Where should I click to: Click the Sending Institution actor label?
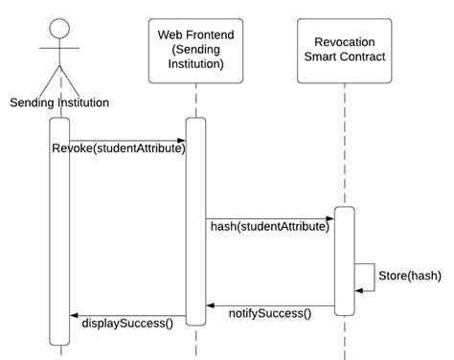[58, 102]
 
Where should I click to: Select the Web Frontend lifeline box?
[195, 51]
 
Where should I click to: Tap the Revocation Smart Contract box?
[344, 50]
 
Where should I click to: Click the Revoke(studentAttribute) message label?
[119, 149]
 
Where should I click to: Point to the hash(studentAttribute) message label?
[270, 227]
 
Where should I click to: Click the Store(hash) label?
[411, 276]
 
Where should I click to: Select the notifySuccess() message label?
[270, 313]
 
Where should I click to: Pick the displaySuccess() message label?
[127, 323]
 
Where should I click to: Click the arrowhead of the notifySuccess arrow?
[213, 306]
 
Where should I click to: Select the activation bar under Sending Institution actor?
[59, 230]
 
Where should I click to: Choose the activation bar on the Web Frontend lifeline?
[195, 220]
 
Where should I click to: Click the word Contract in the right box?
[367, 58]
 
